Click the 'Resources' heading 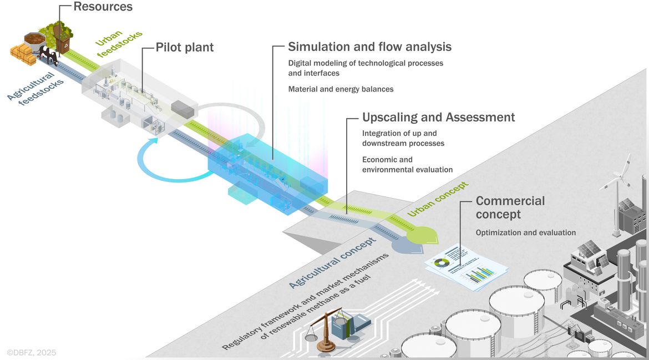pyautogui.click(x=103, y=7)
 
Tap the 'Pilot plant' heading pyautogui.click(x=185, y=48)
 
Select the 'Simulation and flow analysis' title pyautogui.click(x=369, y=47)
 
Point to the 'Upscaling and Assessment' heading pyautogui.click(x=438, y=117)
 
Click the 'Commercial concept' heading pyautogui.click(x=510, y=207)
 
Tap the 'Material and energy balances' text pyautogui.click(x=341, y=89)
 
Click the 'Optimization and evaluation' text pyautogui.click(x=526, y=232)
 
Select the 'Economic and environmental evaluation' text pyautogui.click(x=407, y=164)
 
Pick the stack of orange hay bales pyautogui.click(x=23, y=54)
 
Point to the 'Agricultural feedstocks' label pyautogui.click(x=36, y=89)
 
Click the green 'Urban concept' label pyautogui.click(x=438, y=199)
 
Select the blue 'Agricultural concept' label pyautogui.click(x=332, y=263)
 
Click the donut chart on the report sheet pyautogui.click(x=442, y=262)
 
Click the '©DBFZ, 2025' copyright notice pyautogui.click(x=32, y=353)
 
